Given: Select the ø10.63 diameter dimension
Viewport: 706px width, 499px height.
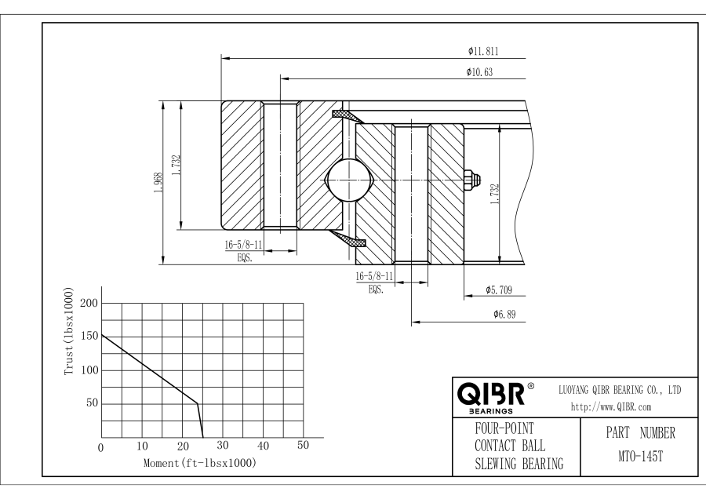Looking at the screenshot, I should pyautogui.click(x=480, y=72).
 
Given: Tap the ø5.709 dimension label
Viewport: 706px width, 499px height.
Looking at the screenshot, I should pyautogui.click(x=499, y=290).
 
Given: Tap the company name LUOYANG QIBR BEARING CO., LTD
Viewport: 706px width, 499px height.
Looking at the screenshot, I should pyautogui.click(x=619, y=389).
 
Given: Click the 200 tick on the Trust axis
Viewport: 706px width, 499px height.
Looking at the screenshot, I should pyautogui.click(x=89, y=303).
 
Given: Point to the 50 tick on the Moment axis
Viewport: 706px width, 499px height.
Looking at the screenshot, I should pyautogui.click(x=303, y=446).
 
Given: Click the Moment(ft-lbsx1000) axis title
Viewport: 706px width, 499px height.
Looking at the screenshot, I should pyautogui.click(x=200, y=463).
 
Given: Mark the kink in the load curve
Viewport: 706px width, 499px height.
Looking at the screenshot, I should pyautogui.click(x=197, y=403).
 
